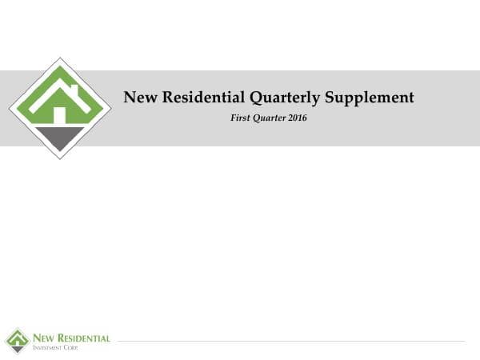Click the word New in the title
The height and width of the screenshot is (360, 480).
(x=139, y=98)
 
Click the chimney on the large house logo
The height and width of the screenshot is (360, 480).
(x=74, y=89)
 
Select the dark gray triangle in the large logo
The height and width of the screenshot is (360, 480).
(x=60, y=138)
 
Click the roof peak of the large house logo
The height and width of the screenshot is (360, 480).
(x=60, y=70)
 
